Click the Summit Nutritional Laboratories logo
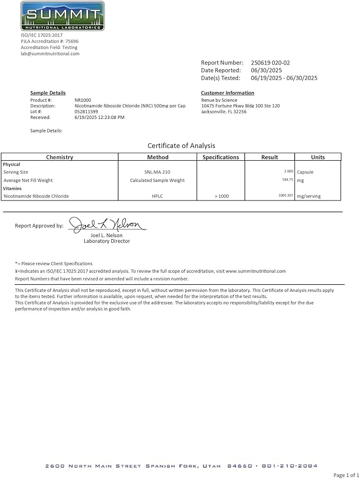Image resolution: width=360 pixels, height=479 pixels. pyautogui.click(x=63, y=16)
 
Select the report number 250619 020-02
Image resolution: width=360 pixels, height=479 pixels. pyautogui.click(x=270, y=63)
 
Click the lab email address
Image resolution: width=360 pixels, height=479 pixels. pyautogui.click(x=50, y=54)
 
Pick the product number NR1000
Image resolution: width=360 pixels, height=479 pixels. pyautogui.click(x=83, y=100)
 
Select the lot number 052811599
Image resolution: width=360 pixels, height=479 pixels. pyautogui.click(x=86, y=111)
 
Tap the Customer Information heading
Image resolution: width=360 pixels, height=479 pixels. pyautogui.click(x=227, y=93)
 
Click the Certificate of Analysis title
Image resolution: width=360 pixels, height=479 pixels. pyautogui.click(x=181, y=145)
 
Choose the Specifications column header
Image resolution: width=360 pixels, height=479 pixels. pyautogui.click(x=221, y=157)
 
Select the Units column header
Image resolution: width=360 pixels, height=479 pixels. pyautogui.click(x=318, y=157)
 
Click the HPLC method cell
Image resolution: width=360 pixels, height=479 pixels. pyautogui.click(x=157, y=196)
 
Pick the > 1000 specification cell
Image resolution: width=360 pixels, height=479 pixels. pyautogui.click(x=222, y=196)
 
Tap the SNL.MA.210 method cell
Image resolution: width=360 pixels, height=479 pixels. pyautogui.click(x=157, y=172)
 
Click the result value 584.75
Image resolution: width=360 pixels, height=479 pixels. pyautogui.click(x=287, y=180)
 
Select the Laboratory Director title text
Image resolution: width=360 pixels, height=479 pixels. pyautogui.click(x=107, y=241)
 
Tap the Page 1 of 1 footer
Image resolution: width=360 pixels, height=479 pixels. pyautogui.click(x=346, y=475)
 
